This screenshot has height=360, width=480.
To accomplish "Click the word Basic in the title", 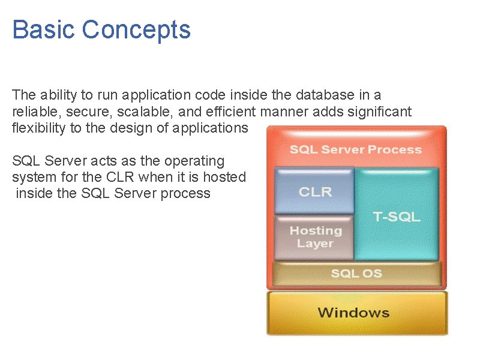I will [43, 29].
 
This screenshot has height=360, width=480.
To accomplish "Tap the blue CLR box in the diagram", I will [314, 192].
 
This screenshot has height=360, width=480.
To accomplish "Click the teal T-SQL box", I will [397, 216].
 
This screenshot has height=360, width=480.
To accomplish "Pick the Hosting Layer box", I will [314, 237].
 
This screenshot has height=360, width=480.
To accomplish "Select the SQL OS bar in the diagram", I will [356, 274].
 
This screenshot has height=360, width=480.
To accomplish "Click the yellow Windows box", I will [353, 313].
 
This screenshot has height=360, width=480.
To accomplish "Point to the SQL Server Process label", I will [356, 149].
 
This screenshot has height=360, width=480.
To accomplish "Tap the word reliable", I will [32, 111].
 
